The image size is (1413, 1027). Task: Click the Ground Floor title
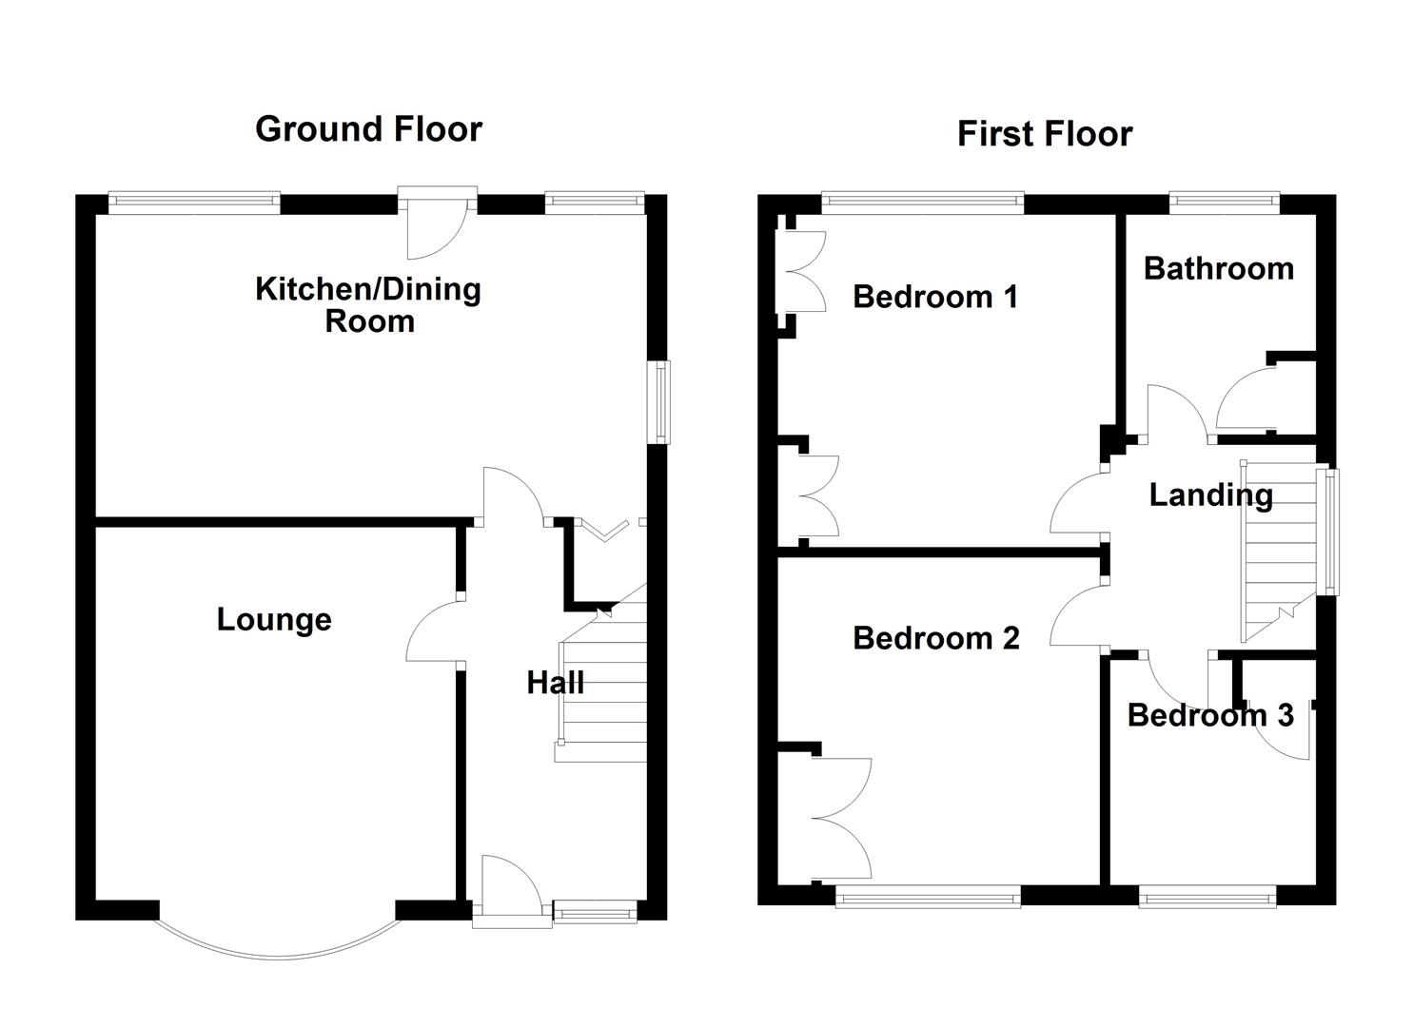[368, 130]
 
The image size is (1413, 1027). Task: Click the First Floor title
[1045, 134]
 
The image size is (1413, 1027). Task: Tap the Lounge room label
[274, 620]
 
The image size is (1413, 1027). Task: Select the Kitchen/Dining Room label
[368, 305]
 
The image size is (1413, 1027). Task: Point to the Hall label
[555, 683]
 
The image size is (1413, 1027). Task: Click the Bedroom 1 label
[934, 297]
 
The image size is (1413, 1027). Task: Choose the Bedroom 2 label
[936, 639]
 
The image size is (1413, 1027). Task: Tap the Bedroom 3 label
[1210, 715]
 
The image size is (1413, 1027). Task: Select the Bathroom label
[1219, 269]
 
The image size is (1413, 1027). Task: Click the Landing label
[1210, 496]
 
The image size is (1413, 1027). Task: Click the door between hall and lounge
[435, 630]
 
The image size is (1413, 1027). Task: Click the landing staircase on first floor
[1279, 552]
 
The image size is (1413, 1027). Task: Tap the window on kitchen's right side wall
[659, 402]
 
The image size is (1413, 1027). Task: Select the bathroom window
[1225, 201]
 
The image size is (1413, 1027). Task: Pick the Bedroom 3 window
[1207, 897]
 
